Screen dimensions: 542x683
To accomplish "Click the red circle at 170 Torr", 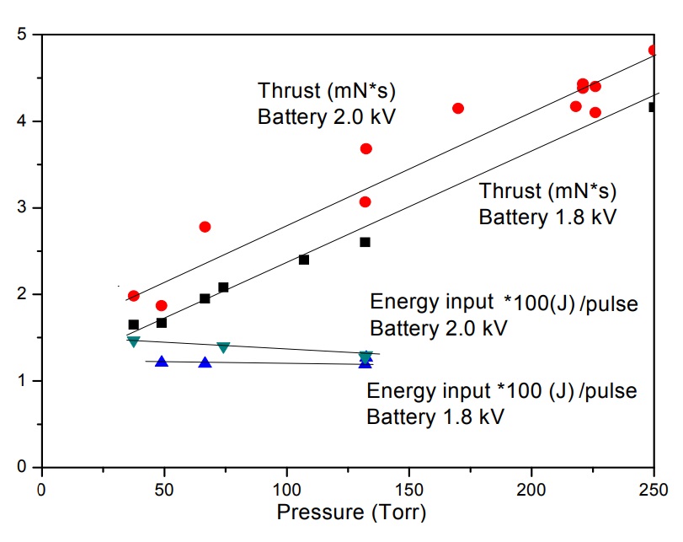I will [x=458, y=108].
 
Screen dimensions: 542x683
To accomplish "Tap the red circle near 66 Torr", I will [x=205, y=227].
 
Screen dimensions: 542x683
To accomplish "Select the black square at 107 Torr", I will [x=304, y=260].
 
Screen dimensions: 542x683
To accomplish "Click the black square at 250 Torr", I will [x=654, y=107].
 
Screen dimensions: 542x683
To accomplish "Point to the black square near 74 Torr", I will [x=223, y=287].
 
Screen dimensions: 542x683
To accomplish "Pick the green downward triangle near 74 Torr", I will [x=223, y=347].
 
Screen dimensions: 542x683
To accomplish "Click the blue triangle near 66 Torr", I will [x=205, y=362].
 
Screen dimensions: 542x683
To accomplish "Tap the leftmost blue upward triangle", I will [x=162, y=362].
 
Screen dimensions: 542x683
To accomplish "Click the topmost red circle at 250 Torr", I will [x=654, y=51].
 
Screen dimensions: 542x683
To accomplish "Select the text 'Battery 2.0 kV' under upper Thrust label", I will [x=327, y=115].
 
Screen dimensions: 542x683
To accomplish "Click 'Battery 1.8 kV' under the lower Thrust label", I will [x=548, y=217].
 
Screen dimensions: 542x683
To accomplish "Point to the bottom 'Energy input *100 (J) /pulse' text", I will [x=502, y=392].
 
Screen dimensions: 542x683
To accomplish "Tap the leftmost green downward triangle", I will [x=133, y=341].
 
